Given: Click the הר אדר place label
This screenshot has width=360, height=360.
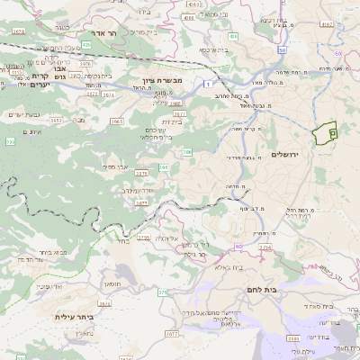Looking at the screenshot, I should point(105,32).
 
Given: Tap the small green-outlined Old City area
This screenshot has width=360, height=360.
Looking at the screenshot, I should point(324,131).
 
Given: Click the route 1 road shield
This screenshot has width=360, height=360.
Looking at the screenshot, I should point(207,83).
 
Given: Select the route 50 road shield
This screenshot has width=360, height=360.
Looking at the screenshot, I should point(337,52).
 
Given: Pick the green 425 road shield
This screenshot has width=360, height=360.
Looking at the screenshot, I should point(85,43).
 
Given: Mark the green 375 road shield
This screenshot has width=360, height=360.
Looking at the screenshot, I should point(163,292).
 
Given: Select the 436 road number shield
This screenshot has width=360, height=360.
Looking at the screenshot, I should point(233,36).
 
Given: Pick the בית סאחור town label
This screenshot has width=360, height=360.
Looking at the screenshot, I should point(306,306).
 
